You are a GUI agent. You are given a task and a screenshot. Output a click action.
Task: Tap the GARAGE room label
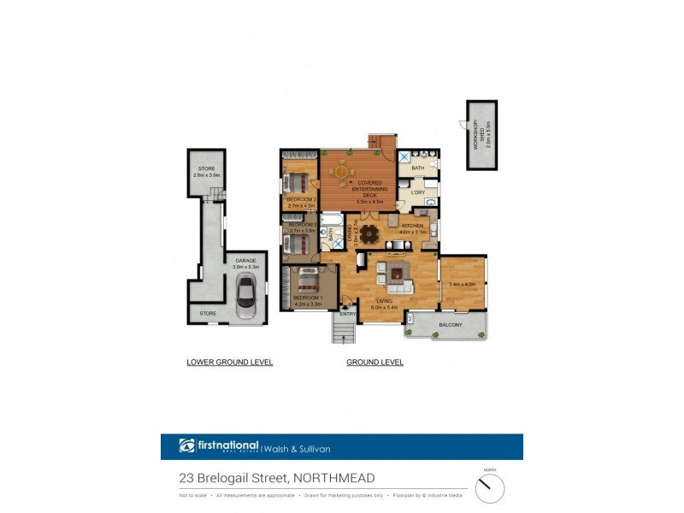[245, 261]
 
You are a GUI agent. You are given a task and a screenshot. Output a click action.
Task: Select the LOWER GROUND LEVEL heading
[229, 363]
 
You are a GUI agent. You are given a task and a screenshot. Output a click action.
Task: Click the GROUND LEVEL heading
[374, 363]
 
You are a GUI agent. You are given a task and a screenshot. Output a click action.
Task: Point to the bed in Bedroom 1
[306, 280]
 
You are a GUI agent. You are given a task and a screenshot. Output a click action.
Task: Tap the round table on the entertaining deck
[342, 174]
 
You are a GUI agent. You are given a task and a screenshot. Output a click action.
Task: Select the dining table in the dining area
[370, 233]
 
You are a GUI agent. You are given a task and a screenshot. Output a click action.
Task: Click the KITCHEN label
[413, 225]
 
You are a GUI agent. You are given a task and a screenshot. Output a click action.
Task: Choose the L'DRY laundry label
[418, 192]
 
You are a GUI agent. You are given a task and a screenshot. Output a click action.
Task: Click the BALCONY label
[451, 325]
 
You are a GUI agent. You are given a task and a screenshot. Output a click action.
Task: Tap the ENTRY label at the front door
[348, 314]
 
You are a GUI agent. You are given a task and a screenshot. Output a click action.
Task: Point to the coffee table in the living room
[398, 274]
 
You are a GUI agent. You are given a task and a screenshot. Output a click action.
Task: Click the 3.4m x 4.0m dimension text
[462, 285]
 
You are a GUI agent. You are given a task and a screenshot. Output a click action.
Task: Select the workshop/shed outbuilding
[481, 135]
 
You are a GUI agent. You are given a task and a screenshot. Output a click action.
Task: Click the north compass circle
[490, 488]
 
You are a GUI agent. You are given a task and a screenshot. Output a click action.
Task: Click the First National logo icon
[187, 445]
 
